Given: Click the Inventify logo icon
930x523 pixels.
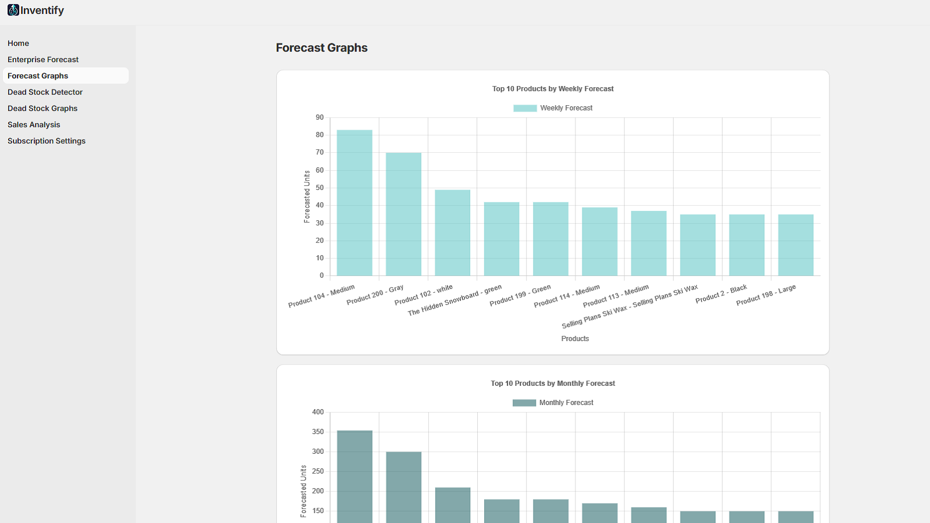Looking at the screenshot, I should coord(13,10).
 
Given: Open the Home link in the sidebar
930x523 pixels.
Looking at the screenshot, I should coord(19,44).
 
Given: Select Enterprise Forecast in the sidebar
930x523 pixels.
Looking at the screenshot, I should coord(43,60).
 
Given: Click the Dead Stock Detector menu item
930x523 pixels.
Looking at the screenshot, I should coord(45,92).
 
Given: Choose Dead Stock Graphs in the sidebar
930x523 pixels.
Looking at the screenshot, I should coord(42,109).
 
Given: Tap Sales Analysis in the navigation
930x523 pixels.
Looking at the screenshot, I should coord(34,125).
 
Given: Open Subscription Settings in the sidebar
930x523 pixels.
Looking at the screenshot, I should coord(46,141).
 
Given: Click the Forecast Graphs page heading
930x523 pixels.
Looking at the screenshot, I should coord(321,48).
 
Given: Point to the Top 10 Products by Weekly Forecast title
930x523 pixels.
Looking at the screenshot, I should coord(553,89).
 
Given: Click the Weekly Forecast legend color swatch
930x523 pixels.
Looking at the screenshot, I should coord(525,108).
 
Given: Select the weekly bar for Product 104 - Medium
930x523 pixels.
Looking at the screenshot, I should coord(355,203).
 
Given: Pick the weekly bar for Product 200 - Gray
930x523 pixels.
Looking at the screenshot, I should coord(403,215).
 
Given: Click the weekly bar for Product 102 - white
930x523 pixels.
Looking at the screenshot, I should coord(453,232).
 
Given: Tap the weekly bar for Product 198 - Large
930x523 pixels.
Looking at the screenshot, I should coord(796,245).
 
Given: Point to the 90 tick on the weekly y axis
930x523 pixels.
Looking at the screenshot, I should coord(320,117).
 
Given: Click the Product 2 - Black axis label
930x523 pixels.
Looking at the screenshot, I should coord(721,293).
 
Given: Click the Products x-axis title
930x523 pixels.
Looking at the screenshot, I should coord(575,339).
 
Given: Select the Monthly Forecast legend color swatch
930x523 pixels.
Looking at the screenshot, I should coord(524,403).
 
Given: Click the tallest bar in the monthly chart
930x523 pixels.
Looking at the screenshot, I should coord(355,477).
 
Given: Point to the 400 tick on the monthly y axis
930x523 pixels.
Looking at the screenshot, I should coord(318,412).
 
